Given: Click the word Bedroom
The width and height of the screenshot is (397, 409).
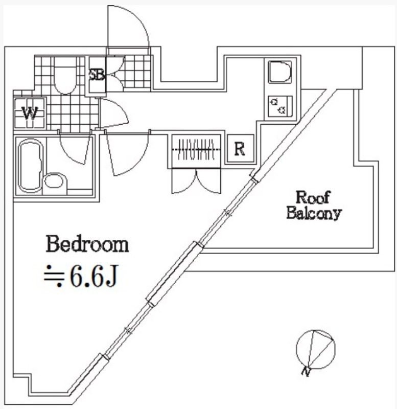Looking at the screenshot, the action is coord(87,244).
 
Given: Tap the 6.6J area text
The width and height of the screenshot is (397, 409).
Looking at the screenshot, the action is coord(95,276).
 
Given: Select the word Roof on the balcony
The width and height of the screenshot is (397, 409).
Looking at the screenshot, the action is coord(313,197).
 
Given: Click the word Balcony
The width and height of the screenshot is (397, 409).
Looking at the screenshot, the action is coord(314,213).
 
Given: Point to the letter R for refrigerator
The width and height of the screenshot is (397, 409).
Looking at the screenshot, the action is coord(240,149).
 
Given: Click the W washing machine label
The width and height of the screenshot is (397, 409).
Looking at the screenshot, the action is coord(30,113).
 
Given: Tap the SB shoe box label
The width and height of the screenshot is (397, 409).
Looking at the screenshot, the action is coord(97,75).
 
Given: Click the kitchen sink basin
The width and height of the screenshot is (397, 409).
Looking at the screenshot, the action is coord(279,72).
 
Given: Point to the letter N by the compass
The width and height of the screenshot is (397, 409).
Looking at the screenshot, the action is coord(306,371).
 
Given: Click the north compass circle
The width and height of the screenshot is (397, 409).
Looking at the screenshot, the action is coord(316,349).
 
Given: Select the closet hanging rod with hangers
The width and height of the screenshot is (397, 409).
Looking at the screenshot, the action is coord(196,149).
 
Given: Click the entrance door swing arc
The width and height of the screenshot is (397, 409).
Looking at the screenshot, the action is coord(128,27).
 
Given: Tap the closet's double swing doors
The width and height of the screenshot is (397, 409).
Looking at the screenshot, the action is coord(196,181).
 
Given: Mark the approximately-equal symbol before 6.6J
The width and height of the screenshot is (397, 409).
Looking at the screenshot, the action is coord(54,276).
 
